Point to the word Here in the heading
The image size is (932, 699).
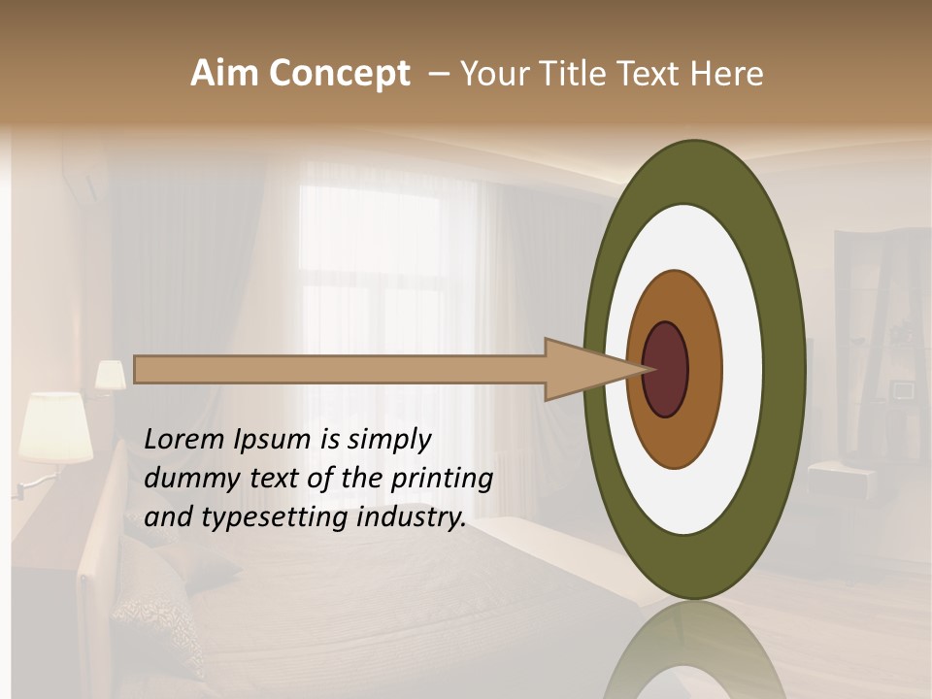(x=726, y=74)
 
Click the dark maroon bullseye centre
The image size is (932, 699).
(x=666, y=369)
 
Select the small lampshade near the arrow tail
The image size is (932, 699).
(x=110, y=376)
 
